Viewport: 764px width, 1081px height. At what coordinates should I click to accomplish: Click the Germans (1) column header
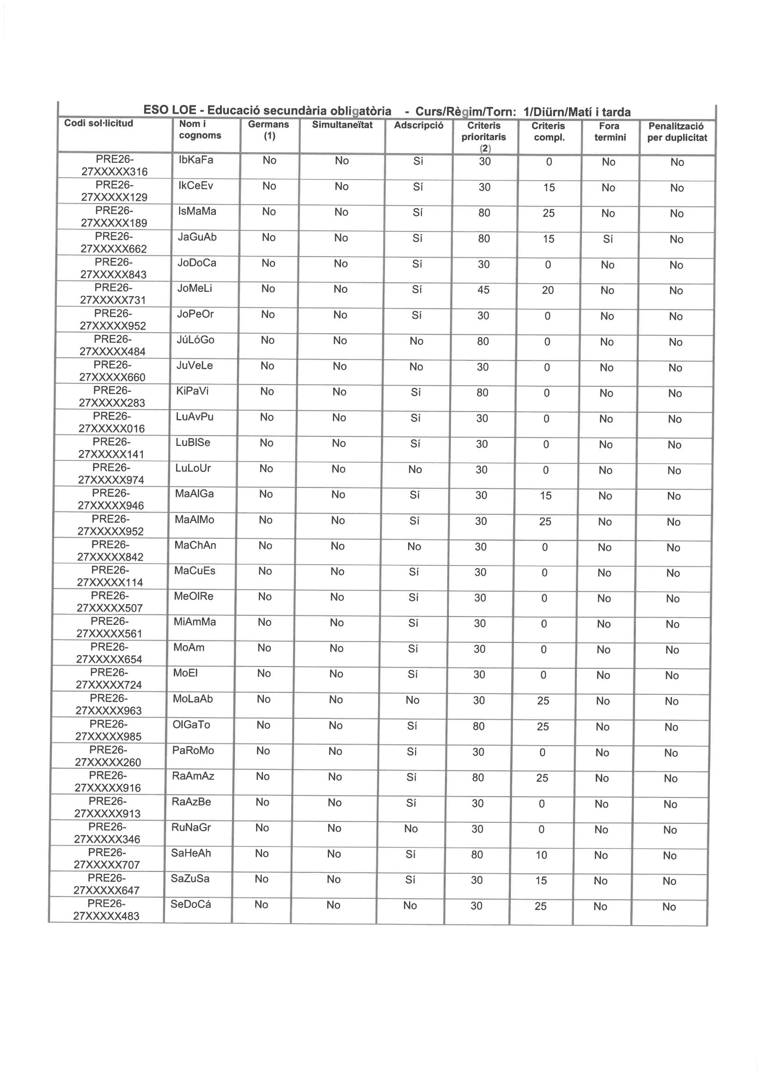pos(269,130)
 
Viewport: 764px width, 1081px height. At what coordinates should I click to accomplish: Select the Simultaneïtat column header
pos(342,125)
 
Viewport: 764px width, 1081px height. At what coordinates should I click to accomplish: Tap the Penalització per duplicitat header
pos(677,132)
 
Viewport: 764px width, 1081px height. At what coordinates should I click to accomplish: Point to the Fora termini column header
pos(610,132)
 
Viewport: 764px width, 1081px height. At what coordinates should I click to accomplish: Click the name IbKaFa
pos(196,160)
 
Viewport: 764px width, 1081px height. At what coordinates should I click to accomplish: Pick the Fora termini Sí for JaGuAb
pos(608,239)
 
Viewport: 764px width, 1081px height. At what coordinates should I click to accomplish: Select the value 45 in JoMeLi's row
pos(483,290)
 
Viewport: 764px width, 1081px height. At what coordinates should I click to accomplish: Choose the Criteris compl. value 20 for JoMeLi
pos(548,290)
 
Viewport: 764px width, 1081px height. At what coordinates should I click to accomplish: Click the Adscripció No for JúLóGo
pos(416,341)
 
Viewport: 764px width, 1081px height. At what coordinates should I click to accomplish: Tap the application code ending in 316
pos(114,166)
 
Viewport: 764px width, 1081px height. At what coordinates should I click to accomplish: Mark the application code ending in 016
pos(112,422)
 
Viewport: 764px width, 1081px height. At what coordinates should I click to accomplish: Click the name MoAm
pos(189,648)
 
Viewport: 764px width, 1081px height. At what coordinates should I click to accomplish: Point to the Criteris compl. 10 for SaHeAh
pos(542,855)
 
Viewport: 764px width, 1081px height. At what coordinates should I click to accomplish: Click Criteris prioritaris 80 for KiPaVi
pos(482,393)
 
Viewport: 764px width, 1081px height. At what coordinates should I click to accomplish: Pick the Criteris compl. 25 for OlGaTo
pos(543,727)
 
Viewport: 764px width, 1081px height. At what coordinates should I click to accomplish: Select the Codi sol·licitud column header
pos(98,124)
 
